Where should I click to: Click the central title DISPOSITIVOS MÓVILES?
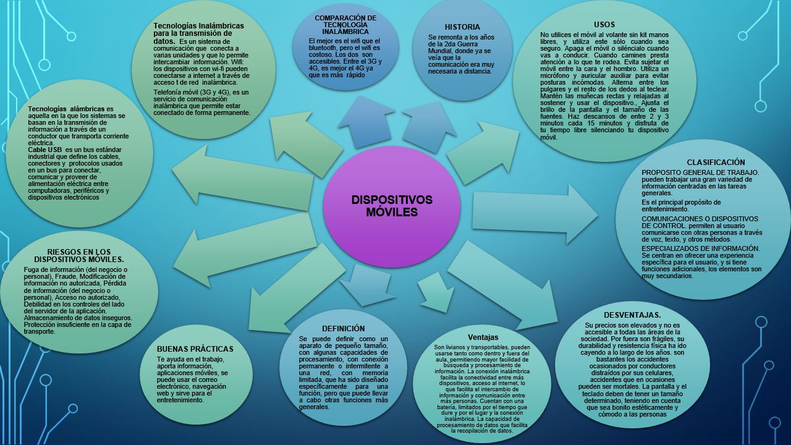(392, 206)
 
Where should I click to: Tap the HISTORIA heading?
(462, 27)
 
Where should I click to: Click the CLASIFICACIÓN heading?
(716, 163)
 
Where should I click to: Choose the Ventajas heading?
(483, 337)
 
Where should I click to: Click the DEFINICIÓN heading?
(343, 329)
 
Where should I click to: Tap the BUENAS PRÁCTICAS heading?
(195, 349)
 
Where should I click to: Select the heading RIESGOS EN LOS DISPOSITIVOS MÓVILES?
(78, 256)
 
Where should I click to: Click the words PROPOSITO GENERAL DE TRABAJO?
(700, 172)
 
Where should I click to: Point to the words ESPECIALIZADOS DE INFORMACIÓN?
(700, 248)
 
